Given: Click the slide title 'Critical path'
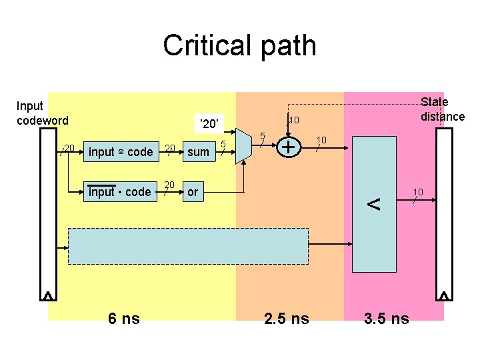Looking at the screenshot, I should pyautogui.click(x=239, y=46).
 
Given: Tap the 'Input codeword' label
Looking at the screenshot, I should pyautogui.click(x=42, y=113).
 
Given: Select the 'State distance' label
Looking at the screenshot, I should pyautogui.click(x=442, y=109).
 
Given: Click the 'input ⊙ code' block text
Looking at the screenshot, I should pyautogui.click(x=120, y=152).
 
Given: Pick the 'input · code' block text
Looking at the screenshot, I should pyautogui.click(x=119, y=192).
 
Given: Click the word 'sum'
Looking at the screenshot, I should pyautogui.click(x=197, y=152).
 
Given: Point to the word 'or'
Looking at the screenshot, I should pyautogui.click(x=193, y=192).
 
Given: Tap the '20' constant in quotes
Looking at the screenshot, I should pyautogui.click(x=209, y=123).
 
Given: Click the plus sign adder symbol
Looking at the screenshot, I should pyautogui.click(x=288, y=146).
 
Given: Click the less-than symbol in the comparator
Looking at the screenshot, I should pyautogui.click(x=374, y=205).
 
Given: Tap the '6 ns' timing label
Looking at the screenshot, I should pyautogui.click(x=124, y=319).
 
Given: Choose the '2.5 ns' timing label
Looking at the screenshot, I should pyautogui.click(x=286, y=319).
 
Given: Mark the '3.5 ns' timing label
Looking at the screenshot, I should pyautogui.click(x=387, y=319).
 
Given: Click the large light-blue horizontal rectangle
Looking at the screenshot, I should pyautogui.click(x=189, y=247).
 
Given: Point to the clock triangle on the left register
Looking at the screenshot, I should pyautogui.click(x=49, y=295).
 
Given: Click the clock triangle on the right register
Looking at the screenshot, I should pyautogui.click(x=444, y=295).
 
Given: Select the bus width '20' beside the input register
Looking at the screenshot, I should pyautogui.click(x=68, y=147).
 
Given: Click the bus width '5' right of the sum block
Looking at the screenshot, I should pyautogui.click(x=224, y=145).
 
